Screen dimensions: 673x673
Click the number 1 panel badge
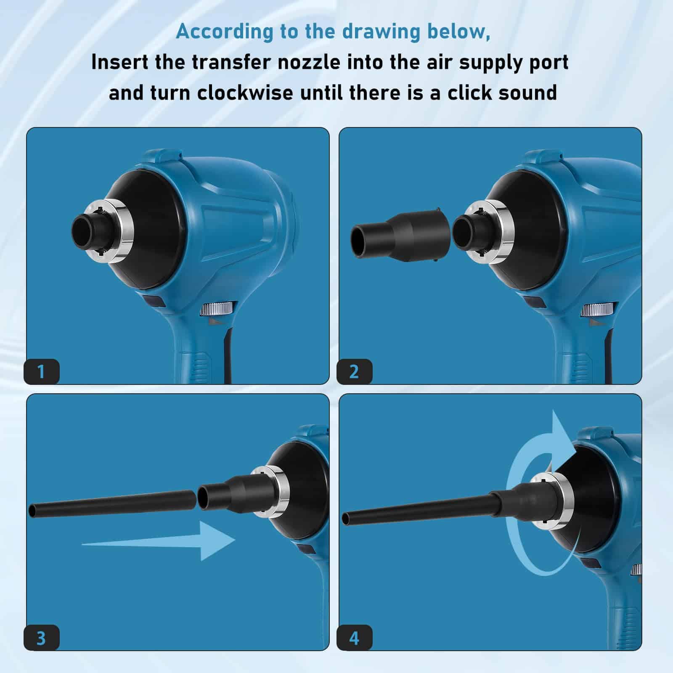tap(41, 371)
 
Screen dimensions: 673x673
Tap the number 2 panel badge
tap(354, 371)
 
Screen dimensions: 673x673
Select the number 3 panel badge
tap(41, 638)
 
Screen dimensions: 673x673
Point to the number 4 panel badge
tap(354, 638)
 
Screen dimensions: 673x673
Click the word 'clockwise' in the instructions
tap(245, 92)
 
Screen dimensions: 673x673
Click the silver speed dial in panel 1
tap(216, 309)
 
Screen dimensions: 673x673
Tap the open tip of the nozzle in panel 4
tap(346, 518)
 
